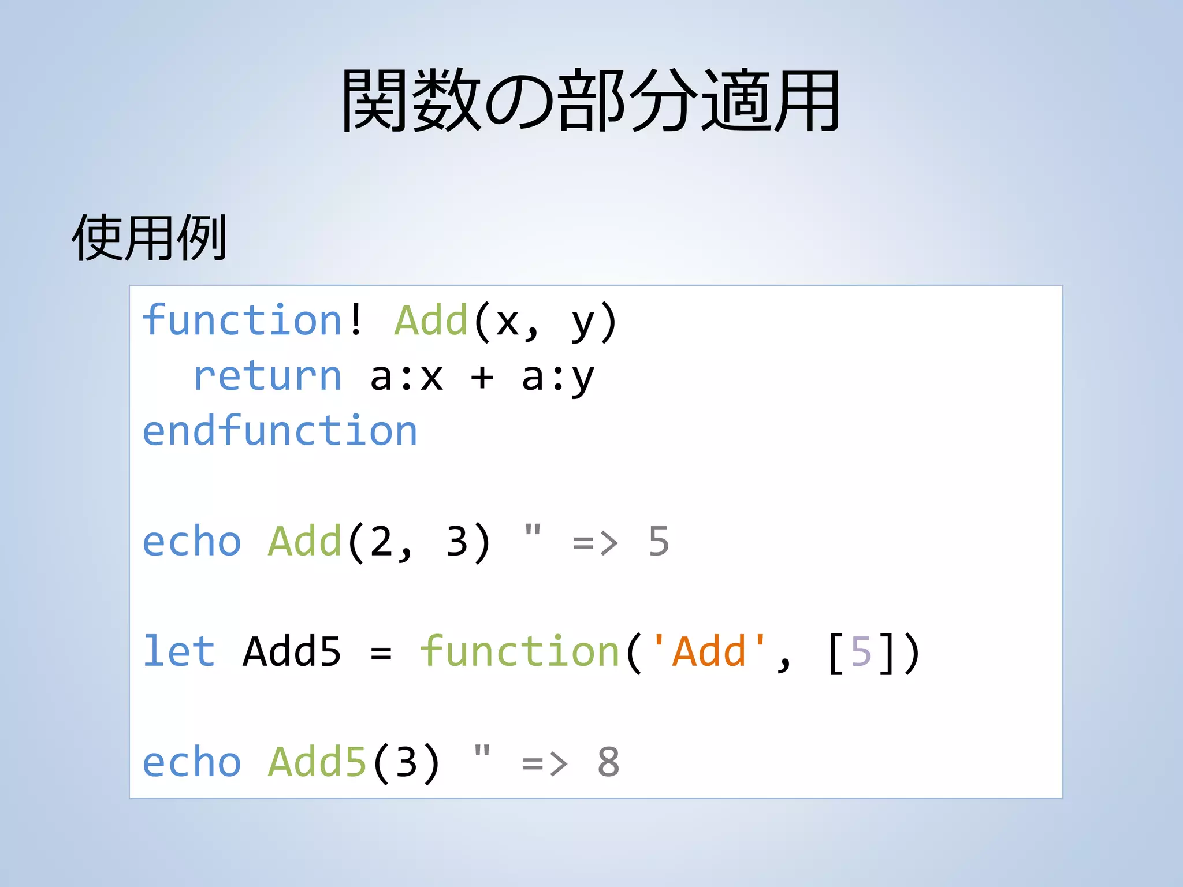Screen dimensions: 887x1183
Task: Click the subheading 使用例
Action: (x=149, y=237)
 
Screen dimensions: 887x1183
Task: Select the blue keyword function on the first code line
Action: (x=243, y=320)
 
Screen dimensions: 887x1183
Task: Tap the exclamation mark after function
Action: (x=356, y=320)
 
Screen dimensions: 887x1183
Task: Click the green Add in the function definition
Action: (x=430, y=320)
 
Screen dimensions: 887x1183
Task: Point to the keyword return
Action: (x=267, y=377)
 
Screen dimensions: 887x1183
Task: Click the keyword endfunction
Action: (x=280, y=431)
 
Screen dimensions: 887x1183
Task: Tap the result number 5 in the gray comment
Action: (x=659, y=542)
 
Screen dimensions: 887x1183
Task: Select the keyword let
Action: (x=179, y=651)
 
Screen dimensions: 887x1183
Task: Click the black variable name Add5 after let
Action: (x=292, y=651)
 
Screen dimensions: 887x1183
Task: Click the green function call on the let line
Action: (x=520, y=651)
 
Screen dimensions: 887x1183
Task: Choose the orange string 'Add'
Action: (x=709, y=651)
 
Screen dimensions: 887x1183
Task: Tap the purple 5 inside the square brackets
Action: (x=861, y=651)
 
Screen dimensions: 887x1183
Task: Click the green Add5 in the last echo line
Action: (x=318, y=762)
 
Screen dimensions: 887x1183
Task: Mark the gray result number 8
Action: (x=608, y=762)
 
